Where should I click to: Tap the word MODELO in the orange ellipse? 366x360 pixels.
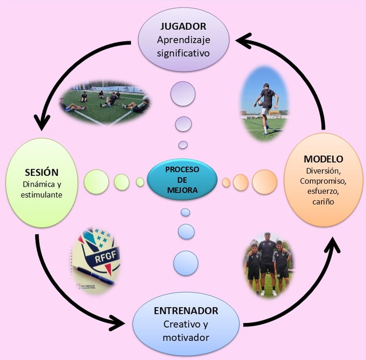(x=323, y=159)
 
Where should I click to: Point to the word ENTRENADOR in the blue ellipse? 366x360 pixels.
(x=186, y=311)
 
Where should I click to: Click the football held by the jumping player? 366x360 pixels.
(x=258, y=101)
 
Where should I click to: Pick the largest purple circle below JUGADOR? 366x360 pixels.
(x=183, y=93)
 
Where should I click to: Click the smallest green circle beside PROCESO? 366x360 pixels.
(x=140, y=181)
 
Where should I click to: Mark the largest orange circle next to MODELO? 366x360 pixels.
(x=264, y=181)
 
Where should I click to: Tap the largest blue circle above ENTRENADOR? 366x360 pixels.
(x=186, y=263)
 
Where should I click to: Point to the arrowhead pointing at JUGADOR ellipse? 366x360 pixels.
(x=244, y=42)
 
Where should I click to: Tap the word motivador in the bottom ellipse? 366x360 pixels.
(x=186, y=338)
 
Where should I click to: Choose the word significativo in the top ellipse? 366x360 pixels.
(x=183, y=52)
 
